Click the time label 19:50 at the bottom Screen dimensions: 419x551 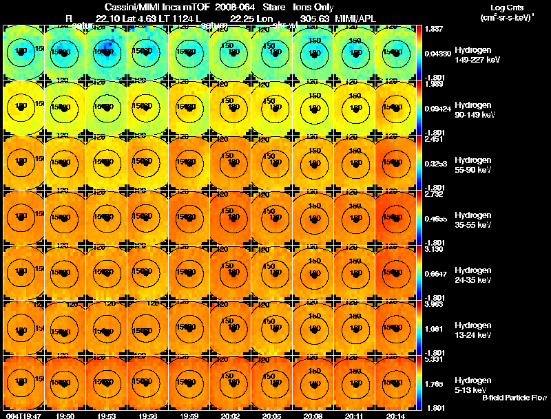[65, 416]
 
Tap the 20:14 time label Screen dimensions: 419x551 [396, 416]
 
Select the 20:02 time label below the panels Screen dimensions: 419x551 [230, 416]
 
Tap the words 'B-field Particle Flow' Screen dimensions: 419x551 [514, 398]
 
